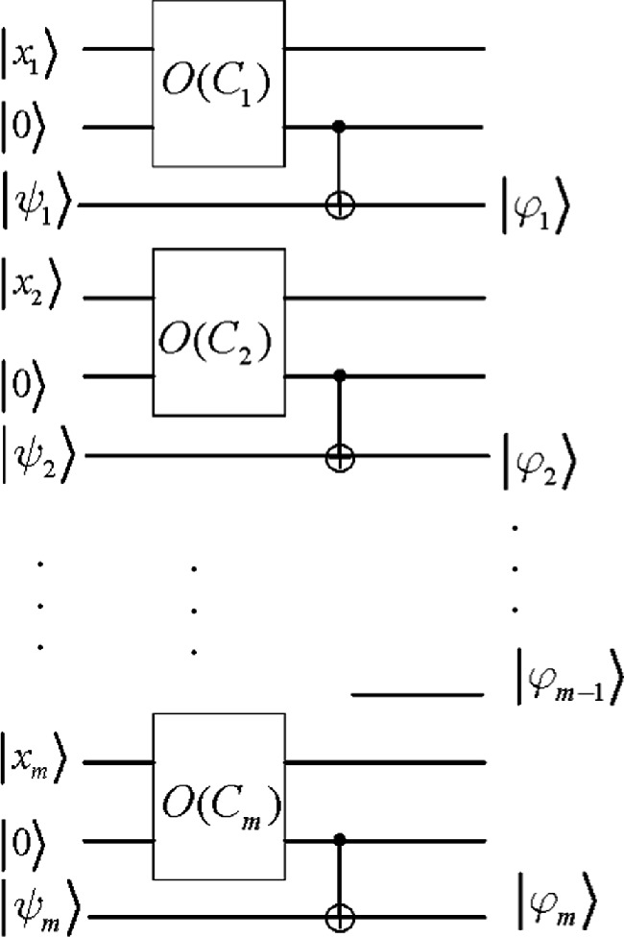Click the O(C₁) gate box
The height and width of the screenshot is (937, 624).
[218, 84]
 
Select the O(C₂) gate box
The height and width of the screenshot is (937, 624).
[218, 332]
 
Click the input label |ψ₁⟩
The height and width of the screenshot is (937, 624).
[38, 204]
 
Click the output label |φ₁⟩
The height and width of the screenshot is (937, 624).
[538, 208]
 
